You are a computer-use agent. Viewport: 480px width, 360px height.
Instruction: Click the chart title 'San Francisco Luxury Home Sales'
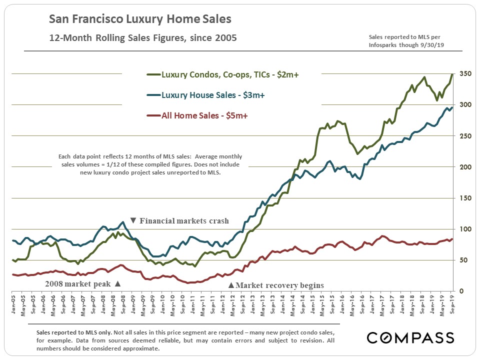coord(140,19)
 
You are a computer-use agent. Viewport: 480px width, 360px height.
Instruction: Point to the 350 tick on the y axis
coord(464,73)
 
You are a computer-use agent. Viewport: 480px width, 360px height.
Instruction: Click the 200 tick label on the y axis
coord(464,167)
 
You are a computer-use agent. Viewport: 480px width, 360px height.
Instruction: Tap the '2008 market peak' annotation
coord(82,283)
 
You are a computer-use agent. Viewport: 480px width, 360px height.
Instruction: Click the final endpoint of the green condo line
coord(452,74)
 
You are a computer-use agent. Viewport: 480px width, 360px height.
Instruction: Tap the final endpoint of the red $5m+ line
coord(452,239)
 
